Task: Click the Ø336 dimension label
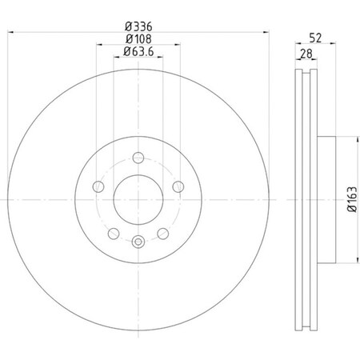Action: pyautogui.click(x=138, y=26)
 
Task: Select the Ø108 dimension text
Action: pyautogui.click(x=138, y=39)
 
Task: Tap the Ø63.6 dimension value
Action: pyautogui.click(x=138, y=51)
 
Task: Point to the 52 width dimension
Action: pyautogui.click(x=315, y=38)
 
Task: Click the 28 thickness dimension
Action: pyautogui.click(x=306, y=54)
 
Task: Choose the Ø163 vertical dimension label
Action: pyautogui.click(x=352, y=199)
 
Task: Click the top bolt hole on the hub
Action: pyautogui.click(x=138, y=158)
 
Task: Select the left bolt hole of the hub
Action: pyautogui.click(x=98, y=186)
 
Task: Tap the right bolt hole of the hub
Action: pyautogui.click(x=178, y=186)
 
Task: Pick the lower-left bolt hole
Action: pyautogui.click(x=114, y=234)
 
